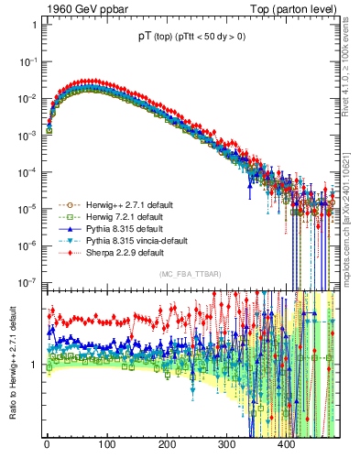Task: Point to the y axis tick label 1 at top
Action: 33,25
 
